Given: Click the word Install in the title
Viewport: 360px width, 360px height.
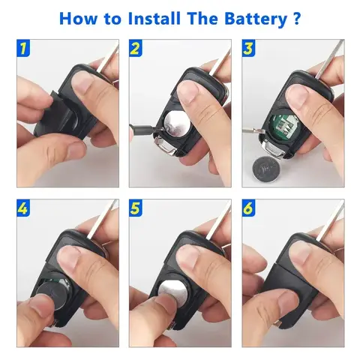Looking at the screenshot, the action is [x=154, y=18].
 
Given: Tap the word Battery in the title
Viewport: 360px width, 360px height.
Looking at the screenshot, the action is [x=256, y=19].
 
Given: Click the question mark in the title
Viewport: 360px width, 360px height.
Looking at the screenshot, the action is [x=296, y=18].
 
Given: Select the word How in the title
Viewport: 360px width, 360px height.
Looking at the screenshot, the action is [x=78, y=19].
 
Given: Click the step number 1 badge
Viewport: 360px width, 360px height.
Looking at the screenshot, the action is [x=23, y=48].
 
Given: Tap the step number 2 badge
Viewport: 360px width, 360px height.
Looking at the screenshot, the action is [x=136, y=48].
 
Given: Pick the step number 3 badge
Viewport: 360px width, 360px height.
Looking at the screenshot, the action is [x=248, y=48].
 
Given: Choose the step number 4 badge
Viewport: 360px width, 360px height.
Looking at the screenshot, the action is [x=23, y=208].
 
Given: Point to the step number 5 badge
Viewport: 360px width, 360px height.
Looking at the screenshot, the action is [x=136, y=208].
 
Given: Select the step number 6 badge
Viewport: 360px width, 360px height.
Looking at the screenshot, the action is [x=248, y=208].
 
